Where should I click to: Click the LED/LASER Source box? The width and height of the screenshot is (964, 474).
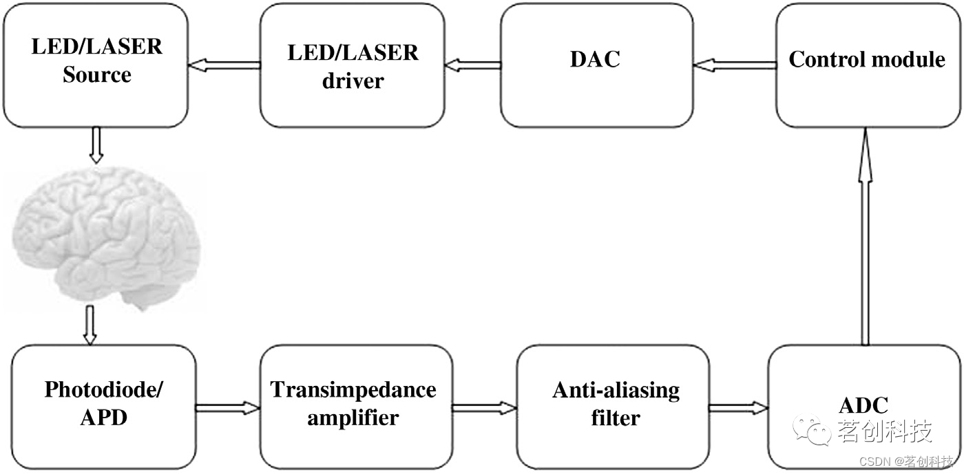click(x=96, y=65)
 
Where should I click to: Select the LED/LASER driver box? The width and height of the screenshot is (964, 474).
click(x=352, y=65)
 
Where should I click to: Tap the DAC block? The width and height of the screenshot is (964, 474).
click(x=595, y=65)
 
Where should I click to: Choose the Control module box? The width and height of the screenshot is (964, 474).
click(x=866, y=65)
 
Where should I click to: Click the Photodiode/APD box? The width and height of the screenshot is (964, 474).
click(x=103, y=406)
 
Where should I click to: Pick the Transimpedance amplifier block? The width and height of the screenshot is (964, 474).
click(x=353, y=406)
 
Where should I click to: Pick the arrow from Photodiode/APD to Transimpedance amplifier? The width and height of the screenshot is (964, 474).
click(x=227, y=408)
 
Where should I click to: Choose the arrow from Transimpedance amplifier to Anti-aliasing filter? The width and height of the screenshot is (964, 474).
click(x=484, y=408)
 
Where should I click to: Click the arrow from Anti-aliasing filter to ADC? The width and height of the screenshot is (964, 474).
click(x=737, y=408)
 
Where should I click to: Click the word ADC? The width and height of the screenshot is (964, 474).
click(x=863, y=404)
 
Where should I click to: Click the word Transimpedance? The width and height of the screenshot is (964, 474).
click(x=353, y=390)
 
